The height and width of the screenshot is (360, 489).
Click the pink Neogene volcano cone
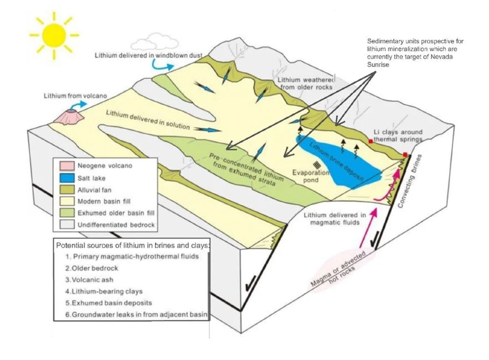72,116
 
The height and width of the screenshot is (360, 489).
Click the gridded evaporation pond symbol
316,165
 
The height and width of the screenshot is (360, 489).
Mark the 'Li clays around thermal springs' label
397,135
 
